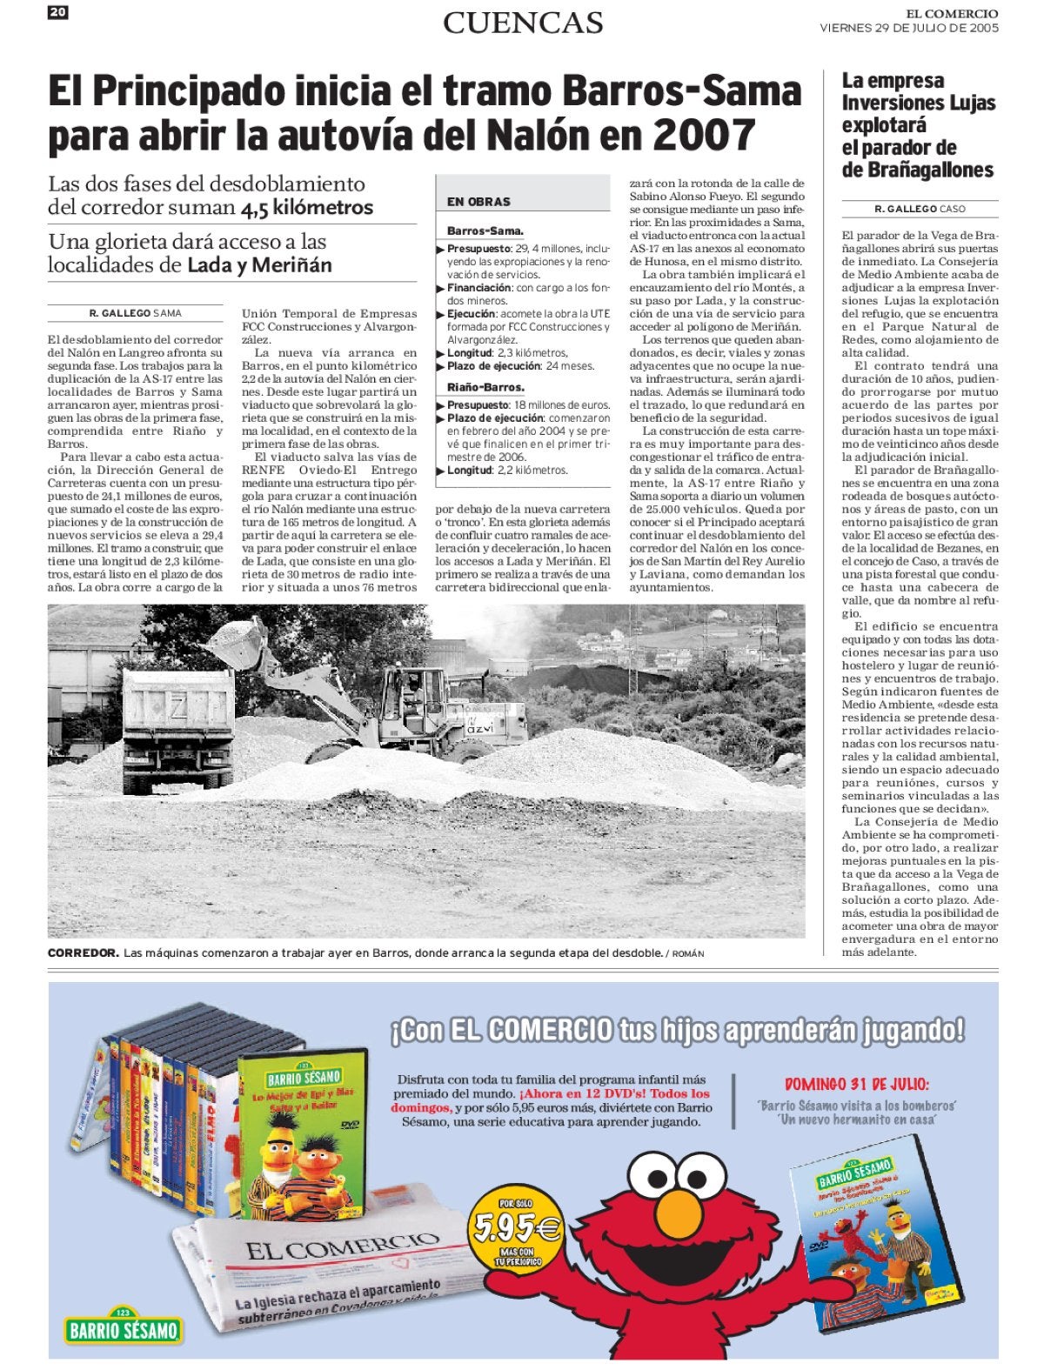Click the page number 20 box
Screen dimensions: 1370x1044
(x=58, y=11)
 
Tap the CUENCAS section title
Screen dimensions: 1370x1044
(x=523, y=23)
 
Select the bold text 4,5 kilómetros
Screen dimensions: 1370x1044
(x=307, y=208)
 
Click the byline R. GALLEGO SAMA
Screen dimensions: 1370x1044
(x=136, y=313)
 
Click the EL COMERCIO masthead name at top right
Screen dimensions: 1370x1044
(x=952, y=13)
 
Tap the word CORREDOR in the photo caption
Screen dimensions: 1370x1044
(x=83, y=953)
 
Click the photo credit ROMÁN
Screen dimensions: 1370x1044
(x=687, y=954)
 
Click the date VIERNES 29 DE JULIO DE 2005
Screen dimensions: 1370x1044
(x=908, y=28)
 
